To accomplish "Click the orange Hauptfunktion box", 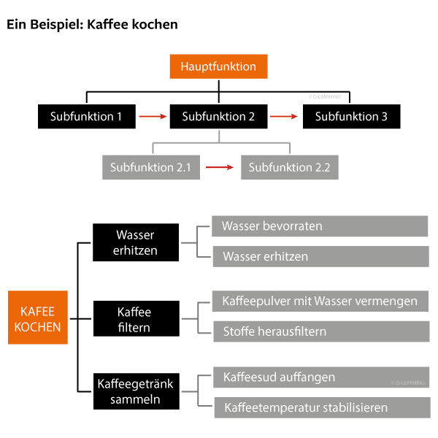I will (x=218, y=67).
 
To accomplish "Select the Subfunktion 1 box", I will (x=87, y=115).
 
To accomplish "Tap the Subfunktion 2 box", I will (x=219, y=115).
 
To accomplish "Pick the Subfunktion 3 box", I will (x=351, y=115).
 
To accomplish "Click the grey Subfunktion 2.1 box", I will (x=150, y=167).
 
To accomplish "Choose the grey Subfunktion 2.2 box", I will (x=289, y=167).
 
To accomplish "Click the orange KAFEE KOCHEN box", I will (x=38, y=319).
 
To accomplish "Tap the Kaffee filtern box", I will (x=136, y=320).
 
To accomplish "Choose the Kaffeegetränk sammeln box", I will (x=136, y=391).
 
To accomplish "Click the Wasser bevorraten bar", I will (x=320, y=226).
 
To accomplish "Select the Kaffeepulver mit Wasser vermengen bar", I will (x=320, y=301).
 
